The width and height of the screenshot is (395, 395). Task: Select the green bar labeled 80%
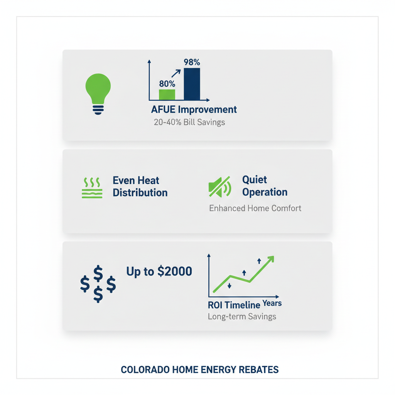coord(167,95)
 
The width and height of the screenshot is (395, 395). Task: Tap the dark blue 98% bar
coord(192,84)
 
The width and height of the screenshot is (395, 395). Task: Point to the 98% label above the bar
coord(192,62)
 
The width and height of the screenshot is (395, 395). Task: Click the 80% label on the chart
coord(167,84)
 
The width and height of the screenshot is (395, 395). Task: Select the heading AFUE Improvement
coord(194,110)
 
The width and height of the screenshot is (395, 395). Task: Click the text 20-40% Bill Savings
coord(189,123)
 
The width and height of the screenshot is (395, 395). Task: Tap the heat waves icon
coord(92,188)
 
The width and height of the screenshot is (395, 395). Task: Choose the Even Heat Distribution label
coord(140,186)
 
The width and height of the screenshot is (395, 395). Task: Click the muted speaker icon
coord(219,187)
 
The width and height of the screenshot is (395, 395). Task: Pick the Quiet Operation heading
coord(265,186)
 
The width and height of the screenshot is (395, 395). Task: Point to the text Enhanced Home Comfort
coord(255,208)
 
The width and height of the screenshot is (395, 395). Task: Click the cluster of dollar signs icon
coord(98,284)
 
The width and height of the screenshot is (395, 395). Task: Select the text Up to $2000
coord(159,272)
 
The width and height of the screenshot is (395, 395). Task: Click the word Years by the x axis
coord(272,303)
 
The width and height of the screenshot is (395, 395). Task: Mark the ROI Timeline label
coord(234,305)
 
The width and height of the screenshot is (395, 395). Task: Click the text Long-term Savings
coord(242,317)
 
